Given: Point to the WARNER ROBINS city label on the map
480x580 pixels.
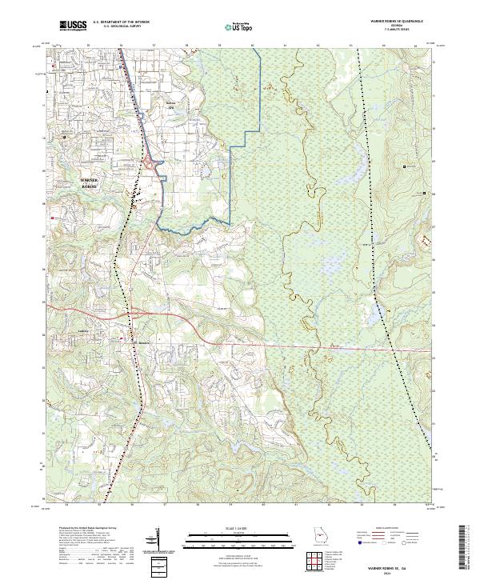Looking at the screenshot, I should (90, 182).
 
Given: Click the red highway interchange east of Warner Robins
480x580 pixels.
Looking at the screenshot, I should (150, 164).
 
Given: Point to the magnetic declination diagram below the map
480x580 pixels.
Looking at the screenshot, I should (157, 541).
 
